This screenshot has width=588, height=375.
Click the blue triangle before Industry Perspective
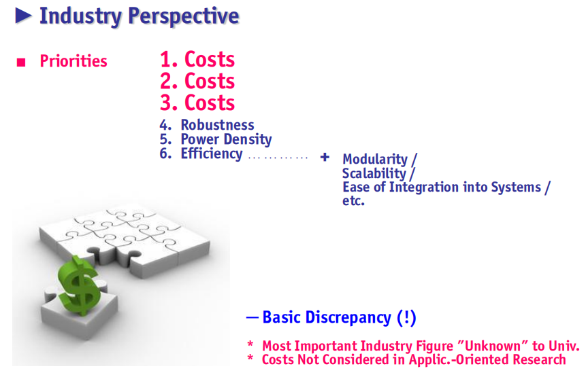(23, 16)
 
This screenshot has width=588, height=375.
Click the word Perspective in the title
(184, 16)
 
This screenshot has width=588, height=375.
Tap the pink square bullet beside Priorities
(21, 62)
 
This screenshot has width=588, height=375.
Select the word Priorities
(73, 61)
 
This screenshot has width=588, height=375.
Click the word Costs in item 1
(210, 59)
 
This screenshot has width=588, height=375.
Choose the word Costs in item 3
(210, 103)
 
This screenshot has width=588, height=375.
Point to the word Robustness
(218, 124)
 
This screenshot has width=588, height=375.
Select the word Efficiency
(212, 154)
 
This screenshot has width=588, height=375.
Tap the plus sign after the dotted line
(325, 157)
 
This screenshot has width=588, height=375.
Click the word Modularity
(375, 160)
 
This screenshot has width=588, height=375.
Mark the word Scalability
(374, 174)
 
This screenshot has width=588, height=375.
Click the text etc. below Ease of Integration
(353, 201)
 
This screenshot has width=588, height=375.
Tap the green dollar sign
(80, 285)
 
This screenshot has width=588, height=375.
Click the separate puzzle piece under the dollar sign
(80, 311)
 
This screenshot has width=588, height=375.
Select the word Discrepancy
(348, 318)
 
